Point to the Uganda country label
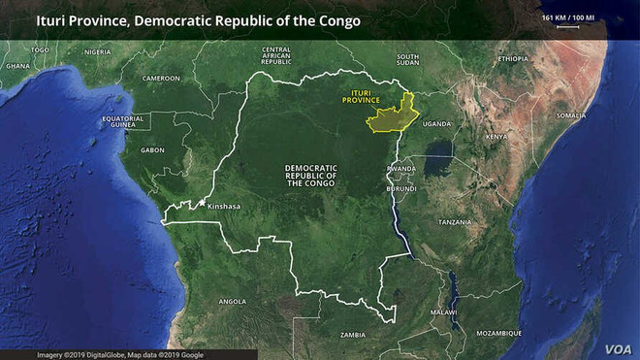[436, 124]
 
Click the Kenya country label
[496, 137]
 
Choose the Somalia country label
[571, 115]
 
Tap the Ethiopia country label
[513, 58]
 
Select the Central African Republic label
[276, 56]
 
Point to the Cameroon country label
[161, 78]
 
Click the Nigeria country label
[98, 51]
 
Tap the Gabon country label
[152, 150]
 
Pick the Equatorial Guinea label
[123, 121]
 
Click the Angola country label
[233, 301]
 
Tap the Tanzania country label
[455, 222]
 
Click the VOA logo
[618, 348]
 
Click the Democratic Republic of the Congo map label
[310, 176]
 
